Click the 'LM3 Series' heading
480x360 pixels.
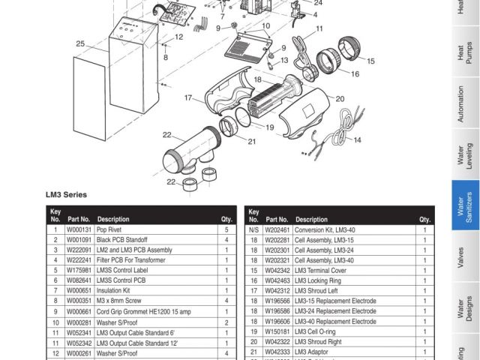tap(66, 194)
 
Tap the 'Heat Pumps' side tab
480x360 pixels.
tap(465, 54)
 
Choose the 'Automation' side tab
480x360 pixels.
tap(465, 104)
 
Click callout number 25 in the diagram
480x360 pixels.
tap(79, 44)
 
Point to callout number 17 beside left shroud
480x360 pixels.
tap(188, 97)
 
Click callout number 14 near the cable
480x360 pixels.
tap(357, 140)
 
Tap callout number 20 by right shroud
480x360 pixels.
tap(340, 98)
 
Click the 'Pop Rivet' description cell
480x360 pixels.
tap(109, 229)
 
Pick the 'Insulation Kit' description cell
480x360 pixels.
tap(113, 290)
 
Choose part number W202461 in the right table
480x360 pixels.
tap(277, 229)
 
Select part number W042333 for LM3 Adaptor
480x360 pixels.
tap(277, 351)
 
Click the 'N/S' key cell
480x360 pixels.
tap(253, 229)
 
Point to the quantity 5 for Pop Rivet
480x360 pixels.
tap(226, 229)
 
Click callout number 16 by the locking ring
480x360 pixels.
tap(355, 73)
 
